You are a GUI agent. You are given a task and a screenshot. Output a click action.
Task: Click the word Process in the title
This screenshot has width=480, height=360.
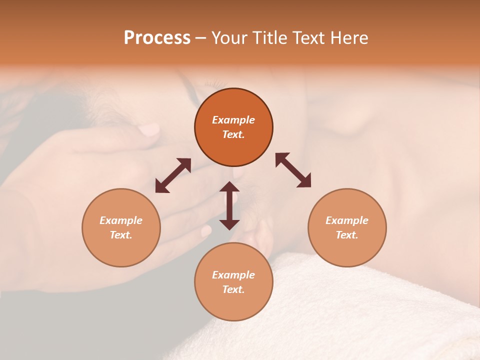click(x=157, y=38)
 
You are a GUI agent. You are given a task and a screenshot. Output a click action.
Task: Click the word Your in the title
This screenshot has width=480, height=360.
click(x=228, y=38)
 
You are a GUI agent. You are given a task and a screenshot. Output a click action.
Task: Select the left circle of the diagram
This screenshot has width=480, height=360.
click(x=121, y=227)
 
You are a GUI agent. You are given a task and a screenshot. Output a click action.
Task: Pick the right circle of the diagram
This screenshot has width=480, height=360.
click(x=347, y=227)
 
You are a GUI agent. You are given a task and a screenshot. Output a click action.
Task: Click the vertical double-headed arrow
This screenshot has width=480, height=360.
click(x=229, y=205)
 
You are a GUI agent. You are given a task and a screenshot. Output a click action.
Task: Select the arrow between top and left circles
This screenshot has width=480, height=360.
click(x=173, y=175)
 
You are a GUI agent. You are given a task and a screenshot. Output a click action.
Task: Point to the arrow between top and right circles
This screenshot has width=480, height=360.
click(x=293, y=170)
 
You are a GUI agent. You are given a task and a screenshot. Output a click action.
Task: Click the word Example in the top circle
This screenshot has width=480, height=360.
click(x=233, y=120)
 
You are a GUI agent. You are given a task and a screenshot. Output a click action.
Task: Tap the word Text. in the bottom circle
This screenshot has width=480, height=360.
click(x=233, y=289)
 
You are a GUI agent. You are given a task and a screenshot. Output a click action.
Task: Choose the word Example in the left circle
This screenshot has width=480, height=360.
click(x=121, y=220)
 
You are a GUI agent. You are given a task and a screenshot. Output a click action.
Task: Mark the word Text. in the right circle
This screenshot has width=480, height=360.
click(x=347, y=235)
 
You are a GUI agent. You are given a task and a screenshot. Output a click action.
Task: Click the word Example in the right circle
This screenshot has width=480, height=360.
click(x=347, y=220)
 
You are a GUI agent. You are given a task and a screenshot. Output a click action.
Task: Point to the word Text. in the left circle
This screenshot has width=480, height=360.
click(x=121, y=235)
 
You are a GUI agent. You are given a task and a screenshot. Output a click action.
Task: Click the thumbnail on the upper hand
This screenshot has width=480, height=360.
click(x=148, y=130)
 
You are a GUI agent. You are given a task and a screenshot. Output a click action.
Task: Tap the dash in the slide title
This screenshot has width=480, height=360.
click(x=201, y=38)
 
